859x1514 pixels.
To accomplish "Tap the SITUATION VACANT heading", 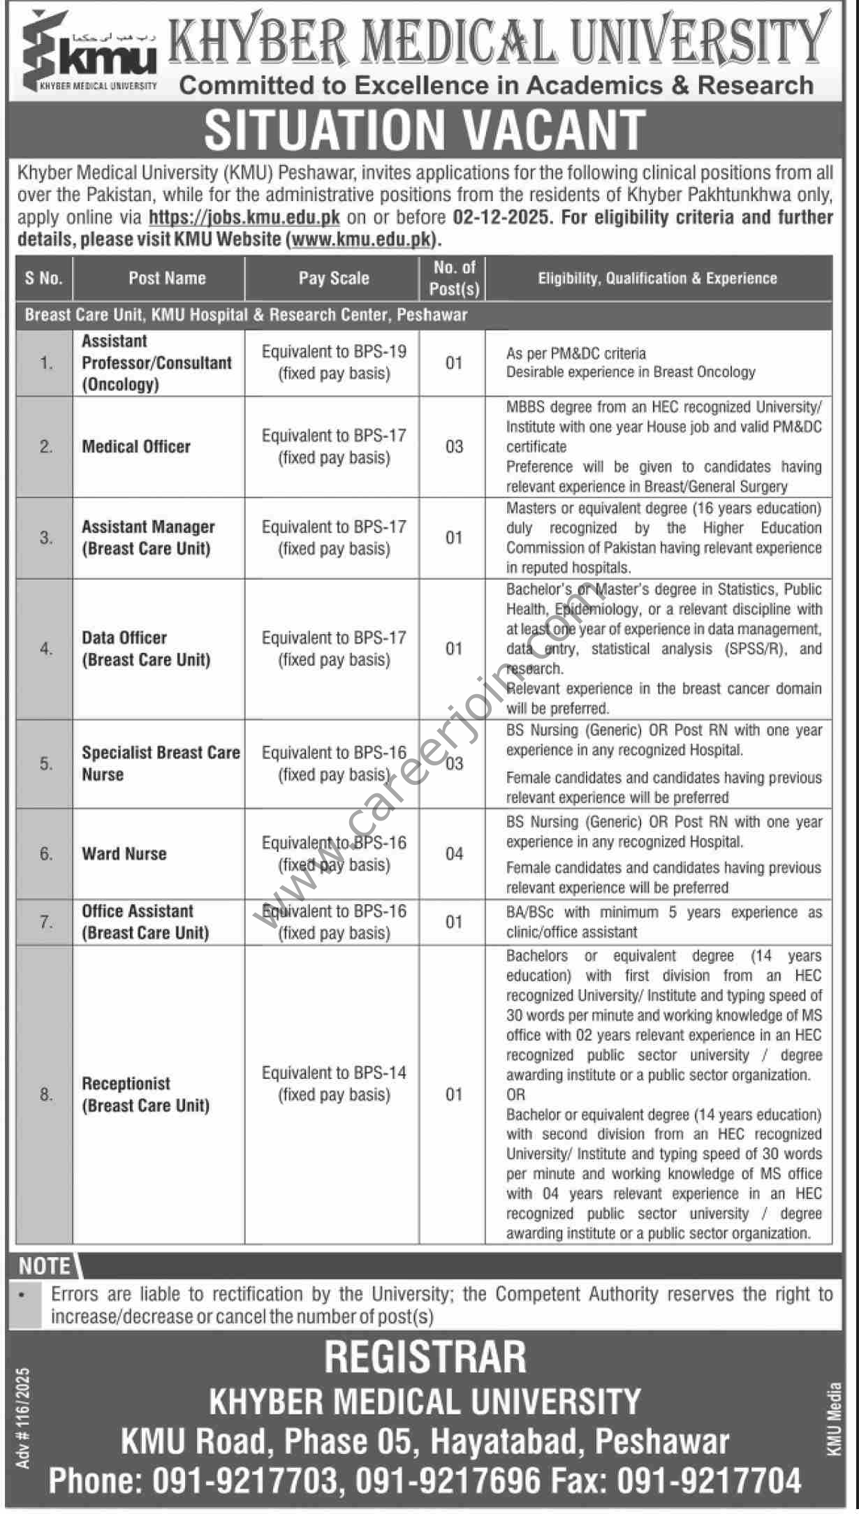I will click(425, 130).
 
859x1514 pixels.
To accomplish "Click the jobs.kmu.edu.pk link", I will click(244, 217).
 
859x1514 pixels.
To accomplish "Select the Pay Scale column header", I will click(333, 278).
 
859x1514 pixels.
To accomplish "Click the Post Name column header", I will click(167, 278).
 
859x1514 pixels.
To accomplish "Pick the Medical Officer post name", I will click(136, 446).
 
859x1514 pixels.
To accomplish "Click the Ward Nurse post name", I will click(124, 853).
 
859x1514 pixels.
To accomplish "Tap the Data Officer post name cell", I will click(146, 648).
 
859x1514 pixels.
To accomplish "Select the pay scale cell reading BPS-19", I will click(334, 362).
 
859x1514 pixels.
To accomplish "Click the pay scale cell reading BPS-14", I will click(334, 1083).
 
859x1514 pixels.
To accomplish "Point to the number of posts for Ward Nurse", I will click(454, 853).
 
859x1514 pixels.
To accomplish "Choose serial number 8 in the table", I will click(46, 1094).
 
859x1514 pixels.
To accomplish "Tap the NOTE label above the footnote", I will click(45, 1266).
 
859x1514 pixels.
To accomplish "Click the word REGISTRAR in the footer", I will click(425, 1357).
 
